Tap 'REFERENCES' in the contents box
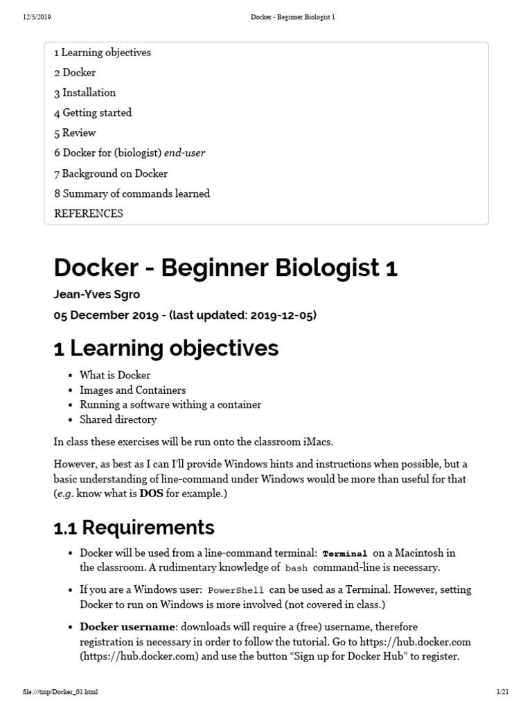pos(88,214)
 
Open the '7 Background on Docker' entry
pos(111,173)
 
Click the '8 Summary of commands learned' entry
pos(132,193)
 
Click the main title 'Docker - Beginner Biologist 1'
pos(225,268)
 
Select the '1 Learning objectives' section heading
pos(166,347)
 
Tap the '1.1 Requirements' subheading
pos(134,528)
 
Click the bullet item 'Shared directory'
pos(118,419)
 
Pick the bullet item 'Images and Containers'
pos(132,390)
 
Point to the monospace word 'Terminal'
pos(345,553)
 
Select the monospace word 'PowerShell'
pos(236,590)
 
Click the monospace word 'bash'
pos(295,568)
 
